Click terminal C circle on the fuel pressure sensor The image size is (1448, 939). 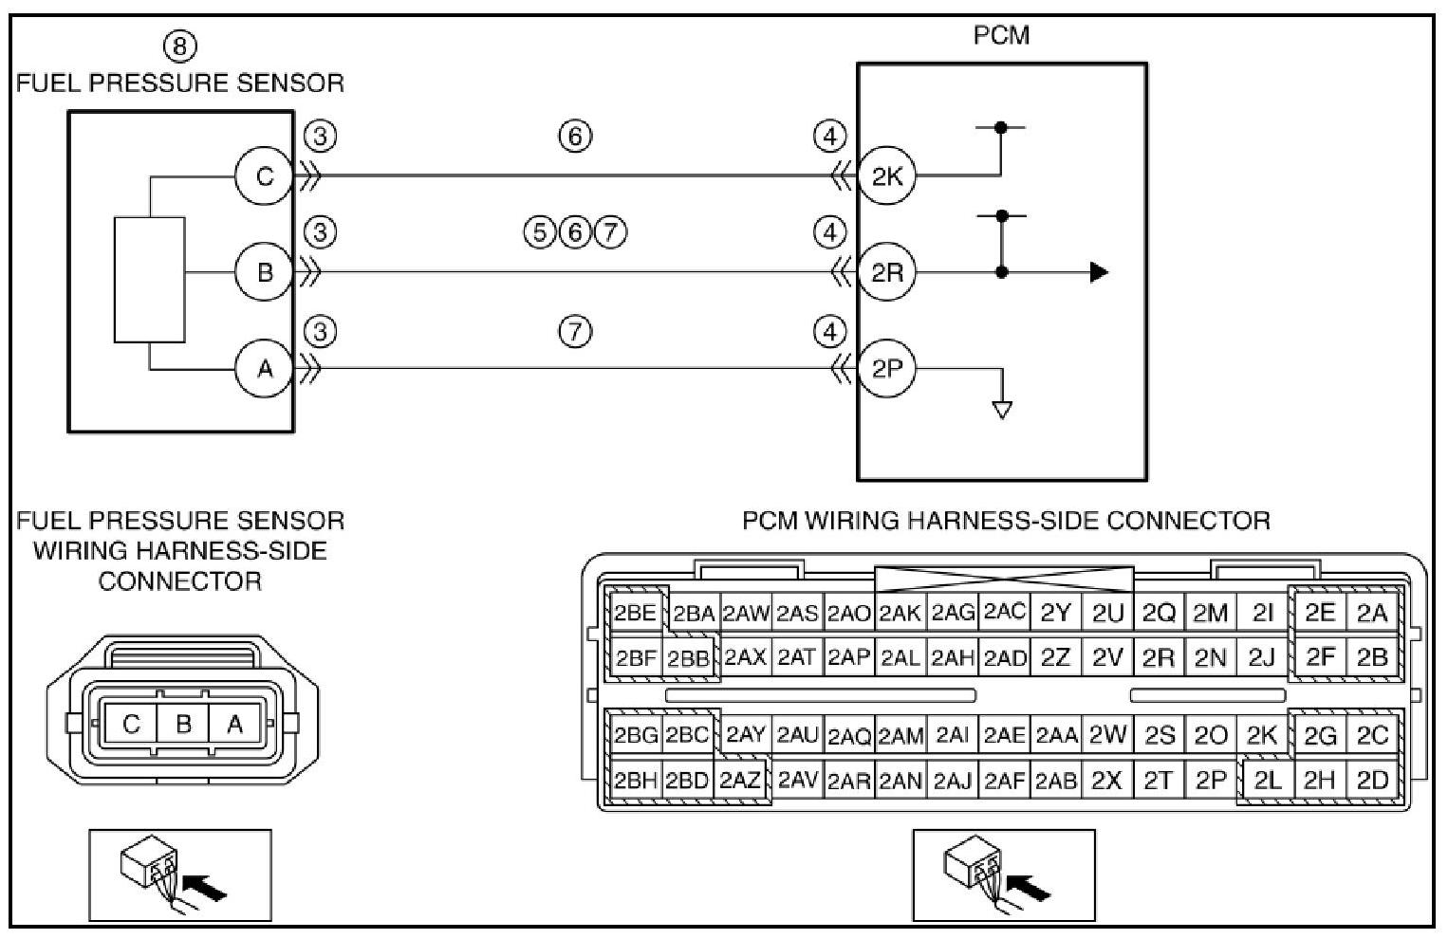pyautogui.click(x=264, y=176)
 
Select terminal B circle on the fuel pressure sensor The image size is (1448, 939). pyautogui.click(x=264, y=273)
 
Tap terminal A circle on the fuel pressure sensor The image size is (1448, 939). pyautogui.click(x=264, y=369)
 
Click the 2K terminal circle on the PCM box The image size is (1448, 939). pyautogui.click(x=887, y=176)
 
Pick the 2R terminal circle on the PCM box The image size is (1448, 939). pyautogui.click(x=887, y=273)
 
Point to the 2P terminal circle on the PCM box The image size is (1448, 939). pyautogui.click(x=887, y=369)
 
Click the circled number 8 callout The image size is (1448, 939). pyautogui.click(x=180, y=46)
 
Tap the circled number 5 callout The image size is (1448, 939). pyautogui.click(x=540, y=232)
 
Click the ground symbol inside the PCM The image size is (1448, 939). pyautogui.click(x=1001, y=410)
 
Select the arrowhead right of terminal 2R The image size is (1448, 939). pyautogui.click(x=1099, y=273)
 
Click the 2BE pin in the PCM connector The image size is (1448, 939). pyautogui.click(x=635, y=613)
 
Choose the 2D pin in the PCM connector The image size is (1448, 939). pyautogui.click(x=1372, y=781)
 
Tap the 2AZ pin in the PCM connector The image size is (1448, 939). pyautogui.click(x=740, y=781)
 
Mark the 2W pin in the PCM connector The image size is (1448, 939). pyautogui.click(x=1107, y=735)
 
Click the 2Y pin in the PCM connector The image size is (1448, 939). pyautogui.click(x=1055, y=613)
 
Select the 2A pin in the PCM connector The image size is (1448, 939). pyautogui.click(x=1372, y=613)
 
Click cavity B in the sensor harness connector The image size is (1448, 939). pyautogui.click(x=183, y=725)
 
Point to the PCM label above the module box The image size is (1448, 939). pyautogui.click(x=1001, y=36)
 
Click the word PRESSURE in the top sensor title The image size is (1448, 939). pyautogui.click(x=180, y=83)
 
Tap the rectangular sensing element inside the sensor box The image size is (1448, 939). pyautogui.click(x=149, y=279)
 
